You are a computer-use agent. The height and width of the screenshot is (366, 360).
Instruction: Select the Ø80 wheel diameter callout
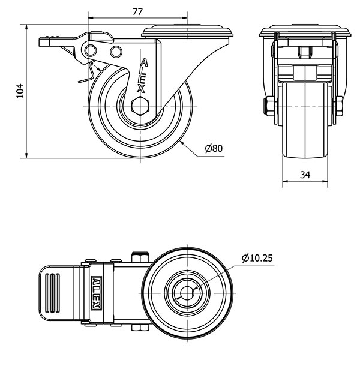coord(214,148)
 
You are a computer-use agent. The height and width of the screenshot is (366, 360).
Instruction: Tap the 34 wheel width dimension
coord(305,175)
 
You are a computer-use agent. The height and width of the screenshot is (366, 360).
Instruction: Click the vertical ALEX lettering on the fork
coord(142,76)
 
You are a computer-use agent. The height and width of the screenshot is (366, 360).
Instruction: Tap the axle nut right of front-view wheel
coord(338,107)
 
